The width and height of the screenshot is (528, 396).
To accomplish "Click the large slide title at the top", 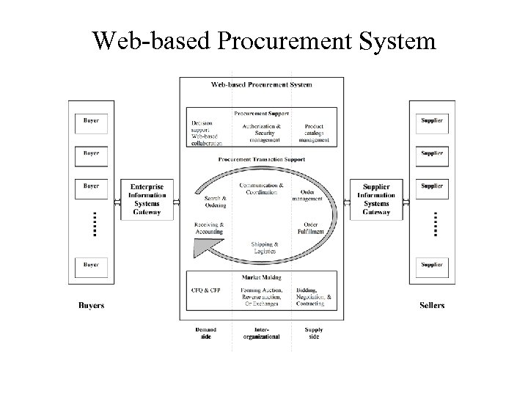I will click(x=264, y=40).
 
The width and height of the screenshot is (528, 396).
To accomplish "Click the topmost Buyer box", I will click(x=92, y=120).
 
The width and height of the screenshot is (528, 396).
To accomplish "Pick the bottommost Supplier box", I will click(x=431, y=264).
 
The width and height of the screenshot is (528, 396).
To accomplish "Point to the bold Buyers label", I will click(x=92, y=305).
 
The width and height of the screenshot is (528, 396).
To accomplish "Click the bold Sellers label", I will click(x=432, y=305).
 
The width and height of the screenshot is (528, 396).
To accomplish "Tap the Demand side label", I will click(x=206, y=333).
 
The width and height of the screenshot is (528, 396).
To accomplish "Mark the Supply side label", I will click(x=312, y=333).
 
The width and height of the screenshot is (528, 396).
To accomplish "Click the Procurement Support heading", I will click(x=262, y=114).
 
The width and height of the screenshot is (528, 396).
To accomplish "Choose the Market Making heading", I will click(x=262, y=277).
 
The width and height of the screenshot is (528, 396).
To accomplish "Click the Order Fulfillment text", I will click(x=310, y=227).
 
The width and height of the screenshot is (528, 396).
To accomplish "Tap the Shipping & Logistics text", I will click(x=264, y=247).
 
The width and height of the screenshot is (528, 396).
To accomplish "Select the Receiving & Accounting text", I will click(x=209, y=227).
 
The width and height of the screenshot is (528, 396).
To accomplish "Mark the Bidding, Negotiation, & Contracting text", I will click(x=314, y=296).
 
